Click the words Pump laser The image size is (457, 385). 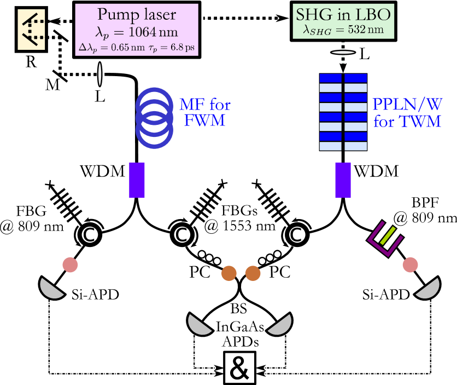tap(136, 15)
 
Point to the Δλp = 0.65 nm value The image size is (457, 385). tap(110, 48)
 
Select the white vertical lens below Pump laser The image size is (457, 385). tap(99, 74)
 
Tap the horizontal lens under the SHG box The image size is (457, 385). tap(343, 53)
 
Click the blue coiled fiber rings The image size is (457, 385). tap(155, 117)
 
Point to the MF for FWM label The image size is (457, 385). tap(204, 112)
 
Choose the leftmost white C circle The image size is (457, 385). tap(90, 235)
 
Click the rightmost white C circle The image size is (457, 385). tap(297, 235)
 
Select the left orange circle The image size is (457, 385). tap(228, 273)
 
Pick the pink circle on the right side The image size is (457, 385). tap(411, 265)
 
